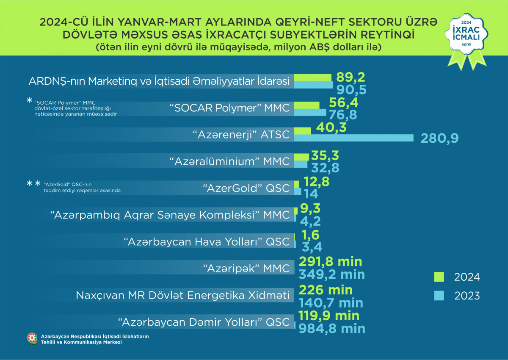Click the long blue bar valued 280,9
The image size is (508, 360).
pyautogui.click(x=353, y=138)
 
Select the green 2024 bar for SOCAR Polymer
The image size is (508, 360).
pyautogui.click(x=306, y=105)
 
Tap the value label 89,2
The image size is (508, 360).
pyautogui.click(x=351, y=77)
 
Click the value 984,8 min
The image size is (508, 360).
pyautogui.click(x=332, y=328)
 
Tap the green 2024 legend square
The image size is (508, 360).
pyautogui.click(x=438, y=277)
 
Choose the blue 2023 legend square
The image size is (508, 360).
pyautogui.click(x=438, y=296)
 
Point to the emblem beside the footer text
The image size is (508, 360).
pyautogui.click(x=32, y=338)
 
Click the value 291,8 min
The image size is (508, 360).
pyautogui.click(x=330, y=262)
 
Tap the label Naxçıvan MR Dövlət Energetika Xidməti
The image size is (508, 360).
pyautogui.click(x=183, y=295)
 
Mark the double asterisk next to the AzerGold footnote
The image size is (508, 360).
pyautogui.click(x=34, y=184)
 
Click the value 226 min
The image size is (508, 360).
pyautogui.click(x=326, y=290)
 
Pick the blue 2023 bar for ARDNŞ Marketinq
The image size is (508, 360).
pyautogui.click(x=313, y=85)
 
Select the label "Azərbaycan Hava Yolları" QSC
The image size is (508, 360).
pyautogui.click(x=207, y=241)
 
